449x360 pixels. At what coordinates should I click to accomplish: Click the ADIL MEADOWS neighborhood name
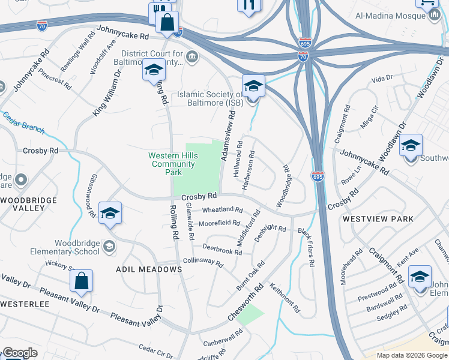click(x=149, y=270)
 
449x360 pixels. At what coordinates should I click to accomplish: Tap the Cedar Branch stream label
click(x=24, y=121)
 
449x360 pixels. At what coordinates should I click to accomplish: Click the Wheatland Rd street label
click(x=222, y=210)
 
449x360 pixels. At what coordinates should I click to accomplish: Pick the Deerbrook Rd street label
click(x=221, y=248)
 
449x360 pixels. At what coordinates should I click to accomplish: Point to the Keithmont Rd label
click(x=285, y=298)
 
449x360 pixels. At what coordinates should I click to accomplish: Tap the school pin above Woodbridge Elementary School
click(x=110, y=214)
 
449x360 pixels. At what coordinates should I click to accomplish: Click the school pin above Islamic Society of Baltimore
click(x=253, y=86)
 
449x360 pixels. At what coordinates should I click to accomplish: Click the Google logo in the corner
click(x=19, y=353)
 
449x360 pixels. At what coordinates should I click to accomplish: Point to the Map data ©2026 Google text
click(x=411, y=355)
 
